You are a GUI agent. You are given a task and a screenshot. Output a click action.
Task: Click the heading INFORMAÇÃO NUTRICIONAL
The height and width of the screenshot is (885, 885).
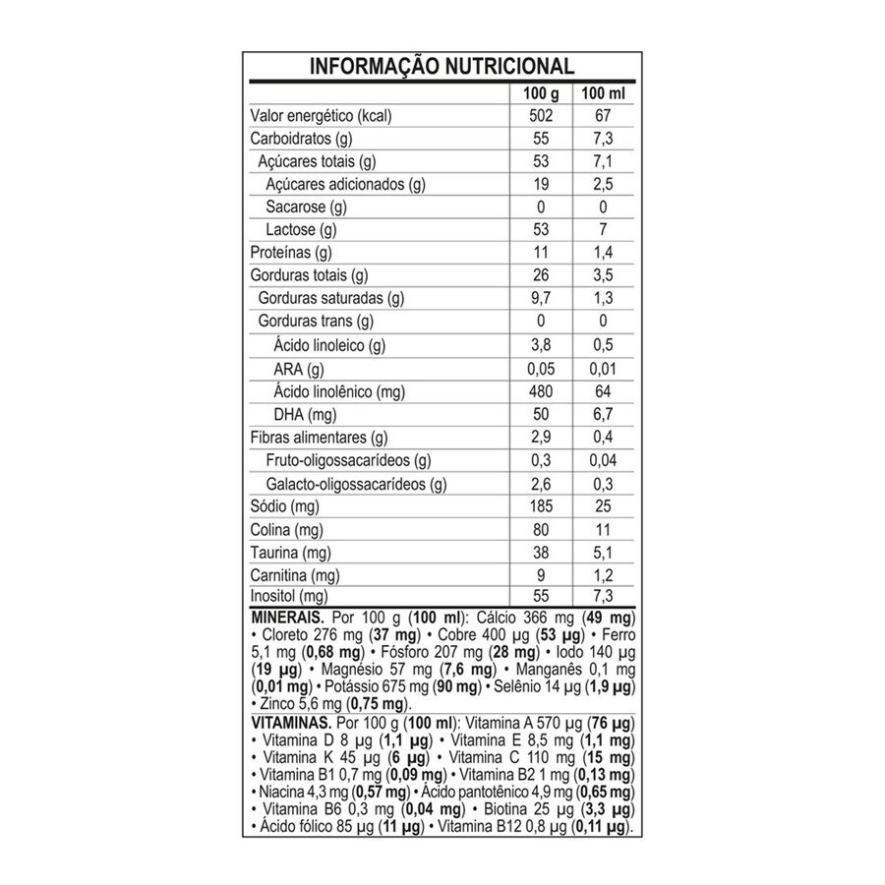(x=442, y=67)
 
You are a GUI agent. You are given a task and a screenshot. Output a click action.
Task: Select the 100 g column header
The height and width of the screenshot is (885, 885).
(x=540, y=93)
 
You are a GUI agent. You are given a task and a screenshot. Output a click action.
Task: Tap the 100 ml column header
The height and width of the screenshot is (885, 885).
(x=604, y=93)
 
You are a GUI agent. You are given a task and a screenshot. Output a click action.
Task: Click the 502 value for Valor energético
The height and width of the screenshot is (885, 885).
(x=540, y=116)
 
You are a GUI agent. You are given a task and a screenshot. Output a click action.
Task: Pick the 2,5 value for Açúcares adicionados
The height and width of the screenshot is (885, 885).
(x=604, y=184)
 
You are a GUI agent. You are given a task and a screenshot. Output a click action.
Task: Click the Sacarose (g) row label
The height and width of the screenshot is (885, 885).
(x=307, y=206)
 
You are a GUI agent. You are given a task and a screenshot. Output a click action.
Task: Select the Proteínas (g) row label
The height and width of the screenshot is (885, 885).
(x=292, y=253)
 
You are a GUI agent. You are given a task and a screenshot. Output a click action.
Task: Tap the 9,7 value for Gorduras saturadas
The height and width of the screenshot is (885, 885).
(x=540, y=298)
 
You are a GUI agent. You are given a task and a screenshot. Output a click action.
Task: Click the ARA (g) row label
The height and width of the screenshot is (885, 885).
(x=299, y=369)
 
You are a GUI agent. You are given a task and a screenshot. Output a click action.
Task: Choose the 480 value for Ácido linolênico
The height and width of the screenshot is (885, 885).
(x=540, y=391)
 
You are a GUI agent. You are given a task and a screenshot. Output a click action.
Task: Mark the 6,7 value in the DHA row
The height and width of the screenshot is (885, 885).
(x=604, y=414)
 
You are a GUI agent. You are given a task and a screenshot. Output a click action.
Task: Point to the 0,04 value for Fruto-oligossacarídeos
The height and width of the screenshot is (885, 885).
(x=604, y=460)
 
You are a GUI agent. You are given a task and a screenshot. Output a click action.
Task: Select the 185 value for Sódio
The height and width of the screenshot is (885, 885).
(x=540, y=506)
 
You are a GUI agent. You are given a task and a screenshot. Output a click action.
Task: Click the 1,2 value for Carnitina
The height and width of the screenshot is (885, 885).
(x=604, y=575)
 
